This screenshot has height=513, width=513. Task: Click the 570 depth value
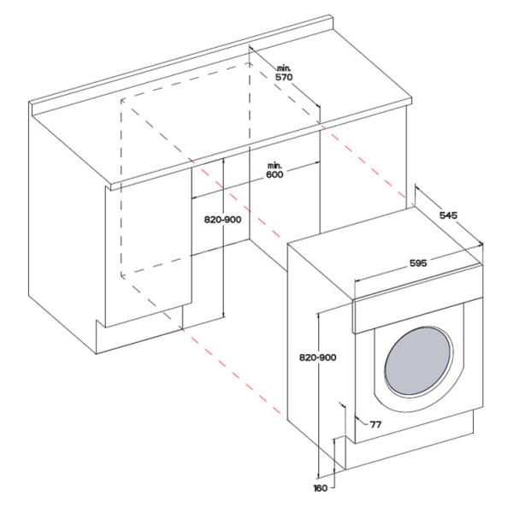click(x=285, y=76)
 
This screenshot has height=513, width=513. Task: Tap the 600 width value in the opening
click(x=274, y=174)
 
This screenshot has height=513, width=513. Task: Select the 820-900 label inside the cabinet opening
click(x=221, y=220)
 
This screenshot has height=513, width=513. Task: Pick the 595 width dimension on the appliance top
click(x=417, y=263)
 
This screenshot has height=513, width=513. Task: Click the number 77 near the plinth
click(x=375, y=424)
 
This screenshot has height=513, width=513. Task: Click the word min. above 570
click(x=285, y=66)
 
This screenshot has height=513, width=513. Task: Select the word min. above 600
click(x=274, y=163)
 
